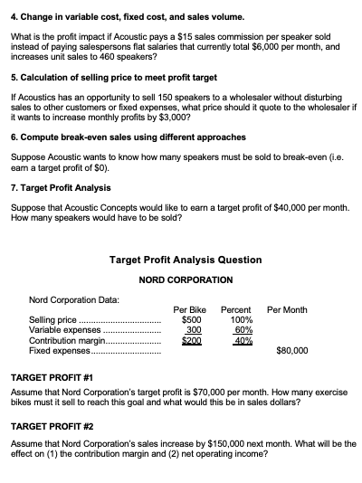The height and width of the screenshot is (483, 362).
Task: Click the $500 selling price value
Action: tap(191, 320)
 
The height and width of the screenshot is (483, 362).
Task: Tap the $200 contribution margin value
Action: tap(191, 340)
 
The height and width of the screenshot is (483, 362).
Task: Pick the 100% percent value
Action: tap(242, 320)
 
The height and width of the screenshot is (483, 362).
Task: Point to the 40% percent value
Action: tap(243, 340)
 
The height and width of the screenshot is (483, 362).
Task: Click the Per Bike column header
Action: tap(191, 310)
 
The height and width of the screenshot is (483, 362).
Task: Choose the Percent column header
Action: tap(242, 310)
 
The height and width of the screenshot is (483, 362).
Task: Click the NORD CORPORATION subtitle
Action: tap(186, 279)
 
